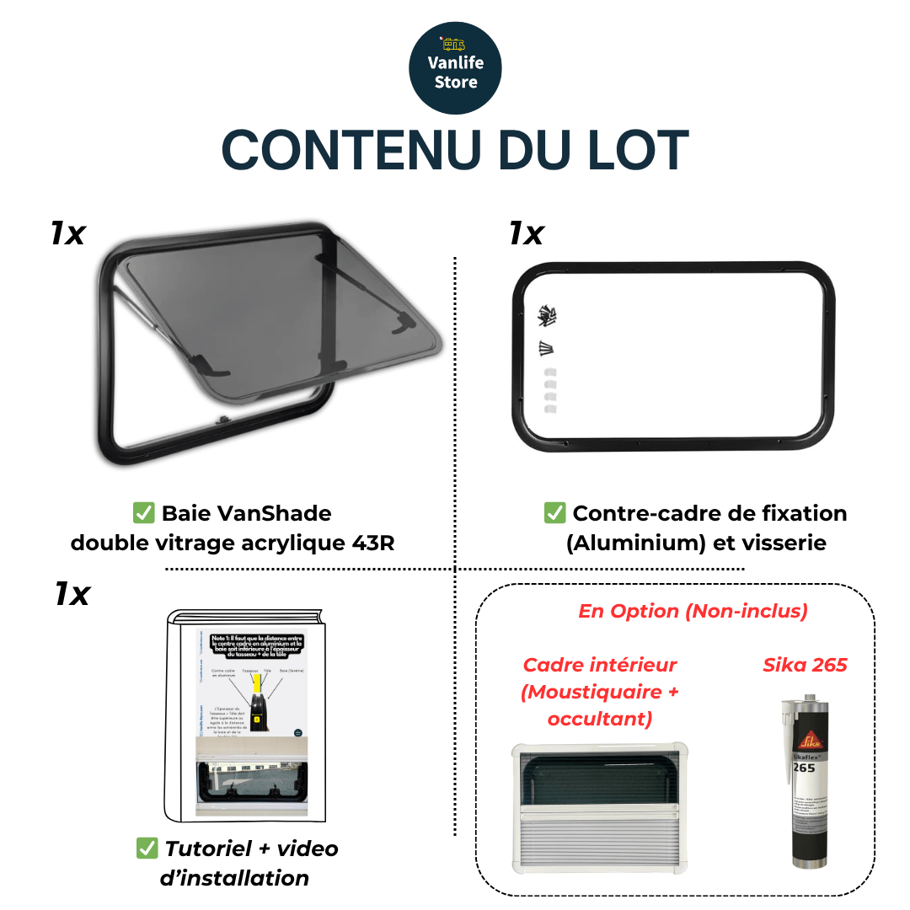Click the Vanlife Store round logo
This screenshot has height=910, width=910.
[x=455, y=68]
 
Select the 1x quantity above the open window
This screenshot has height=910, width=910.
[x=67, y=233]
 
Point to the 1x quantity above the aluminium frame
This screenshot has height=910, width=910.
[x=526, y=233]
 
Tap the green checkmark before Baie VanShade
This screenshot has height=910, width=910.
[x=143, y=512]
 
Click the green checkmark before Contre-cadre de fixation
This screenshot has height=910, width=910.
[x=554, y=512]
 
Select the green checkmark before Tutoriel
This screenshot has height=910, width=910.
[x=147, y=848]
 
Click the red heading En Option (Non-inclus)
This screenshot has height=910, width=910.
[x=693, y=611]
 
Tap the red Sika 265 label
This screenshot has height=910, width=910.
[x=805, y=665]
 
